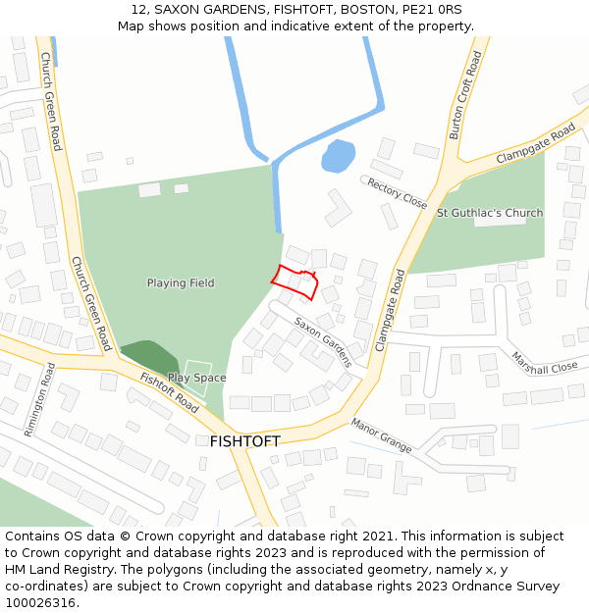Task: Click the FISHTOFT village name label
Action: click(x=244, y=441)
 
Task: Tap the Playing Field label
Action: click(x=181, y=283)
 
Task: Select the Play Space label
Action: click(x=196, y=378)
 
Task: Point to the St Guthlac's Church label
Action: click(x=490, y=213)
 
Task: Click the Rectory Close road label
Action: click(x=397, y=192)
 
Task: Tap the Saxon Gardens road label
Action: click(x=323, y=341)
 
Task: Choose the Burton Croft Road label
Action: click(x=465, y=96)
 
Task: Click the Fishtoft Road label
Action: click(x=169, y=392)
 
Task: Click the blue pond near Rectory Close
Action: click(x=338, y=156)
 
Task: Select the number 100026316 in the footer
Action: click(x=39, y=602)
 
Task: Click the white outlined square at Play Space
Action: click(x=197, y=379)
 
